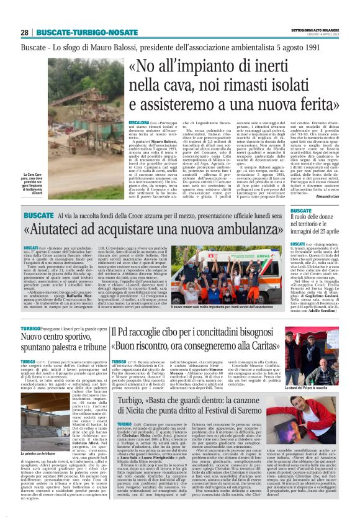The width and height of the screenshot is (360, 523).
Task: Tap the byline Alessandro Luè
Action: pos(323,195)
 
